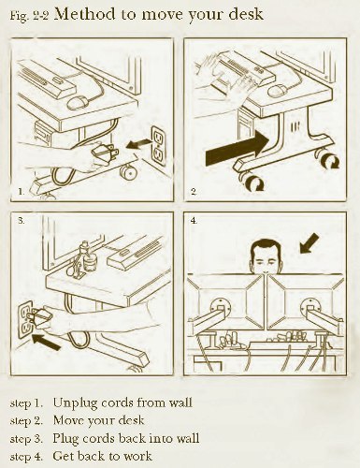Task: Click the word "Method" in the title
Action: [x=84, y=14]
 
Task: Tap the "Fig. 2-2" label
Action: [x=29, y=16]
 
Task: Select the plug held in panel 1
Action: [x=105, y=153]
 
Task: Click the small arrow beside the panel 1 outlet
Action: [x=138, y=144]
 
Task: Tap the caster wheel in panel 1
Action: [x=127, y=172]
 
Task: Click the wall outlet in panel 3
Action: [x=25, y=319]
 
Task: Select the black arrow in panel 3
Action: [x=46, y=342]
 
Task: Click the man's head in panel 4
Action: [x=266, y=256]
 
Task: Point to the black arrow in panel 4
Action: [x=309, y=243]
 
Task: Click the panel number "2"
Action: [x=194, y=191]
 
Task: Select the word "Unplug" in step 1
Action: [x=72, y=403]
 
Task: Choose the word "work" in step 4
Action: [x=137, y=456]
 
